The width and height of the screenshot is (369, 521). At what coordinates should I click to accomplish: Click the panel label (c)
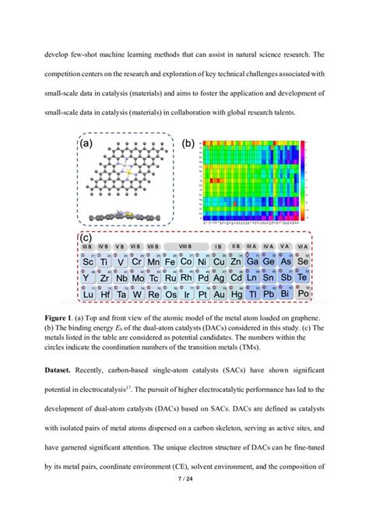click(x=87, y=239)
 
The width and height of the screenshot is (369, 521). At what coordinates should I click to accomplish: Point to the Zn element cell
click(x=238, y=261)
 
